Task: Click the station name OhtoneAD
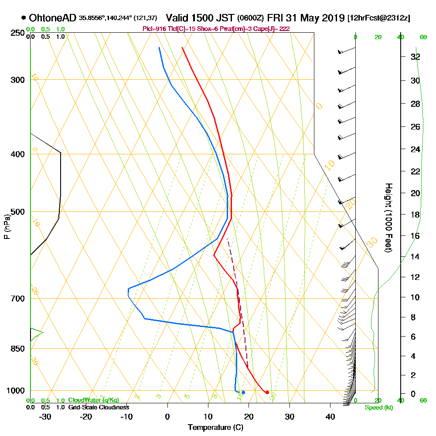[53, 18]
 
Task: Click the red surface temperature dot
[267, 392]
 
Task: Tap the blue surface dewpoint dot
[243, 392]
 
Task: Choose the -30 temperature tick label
[45, 416]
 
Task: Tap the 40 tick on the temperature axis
[330, 416]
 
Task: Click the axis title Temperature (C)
[215, 427]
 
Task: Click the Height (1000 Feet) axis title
[387, 218]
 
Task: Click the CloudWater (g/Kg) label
[93, 400]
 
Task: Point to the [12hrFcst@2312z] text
[378, 18]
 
